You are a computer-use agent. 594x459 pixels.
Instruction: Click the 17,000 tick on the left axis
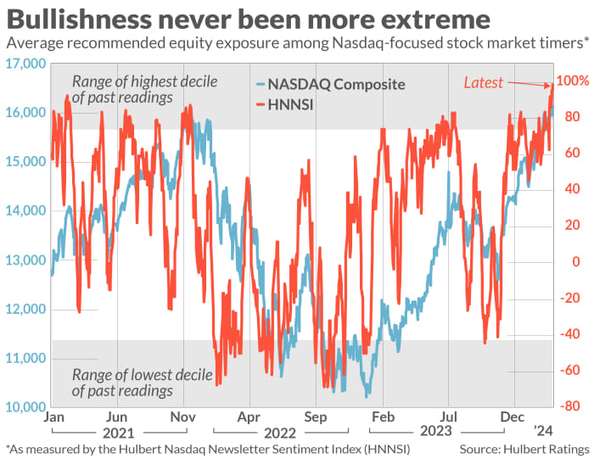(24, 64)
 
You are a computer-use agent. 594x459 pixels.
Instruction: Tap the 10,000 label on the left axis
(24, 408)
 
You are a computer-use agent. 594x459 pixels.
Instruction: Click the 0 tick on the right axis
(576, 262)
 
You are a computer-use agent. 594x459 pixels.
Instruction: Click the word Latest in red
(483, 82)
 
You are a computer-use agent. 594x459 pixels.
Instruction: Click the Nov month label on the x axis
(183, 417)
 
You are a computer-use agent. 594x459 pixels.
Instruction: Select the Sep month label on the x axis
(316, 417)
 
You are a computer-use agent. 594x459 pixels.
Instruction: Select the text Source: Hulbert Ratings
(524, 448)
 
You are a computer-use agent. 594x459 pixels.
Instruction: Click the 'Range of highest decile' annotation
(145, 82)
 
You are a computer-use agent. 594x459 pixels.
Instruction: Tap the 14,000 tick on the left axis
(24, 211)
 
